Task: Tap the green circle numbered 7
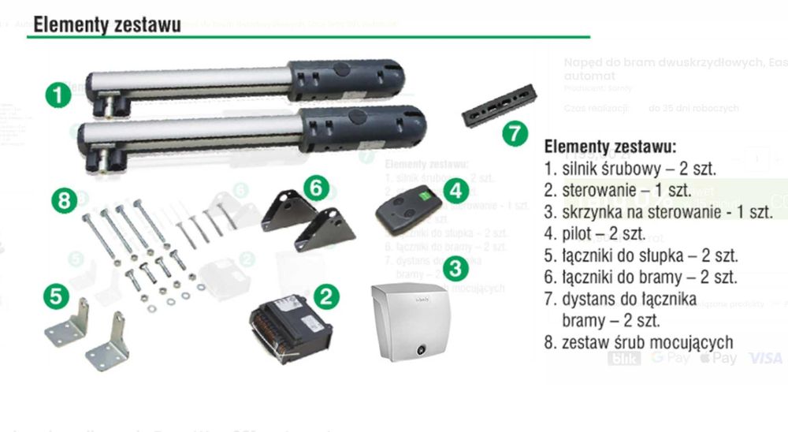point(515,132)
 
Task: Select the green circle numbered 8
point(65,200)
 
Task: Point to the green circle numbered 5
point(55,296)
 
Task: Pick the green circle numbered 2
point(327,296)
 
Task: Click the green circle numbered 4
point(455,190)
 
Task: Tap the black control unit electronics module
point(288,326)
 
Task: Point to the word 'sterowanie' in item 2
point(602,191)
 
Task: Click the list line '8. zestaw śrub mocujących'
point(638,343)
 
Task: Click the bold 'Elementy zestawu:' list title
point(610,147)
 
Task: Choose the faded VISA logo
point(765,359)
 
